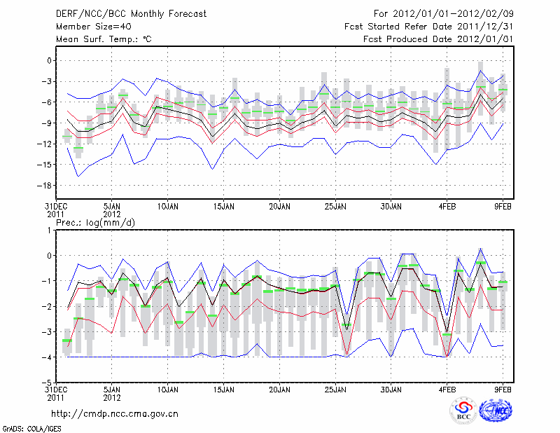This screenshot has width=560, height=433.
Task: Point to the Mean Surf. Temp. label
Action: pyautogui.click(x=103, y=39)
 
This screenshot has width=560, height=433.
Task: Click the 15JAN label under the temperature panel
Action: pyautogui.click(x=223, y=207)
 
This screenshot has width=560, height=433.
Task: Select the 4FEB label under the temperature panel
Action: pyautogui.click(x=447, y=207)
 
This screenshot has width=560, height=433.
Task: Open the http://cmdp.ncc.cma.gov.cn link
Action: pyautogui.click(x=115, y=413)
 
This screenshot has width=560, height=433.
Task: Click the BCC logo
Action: pyautogui.click(x=463, y=411)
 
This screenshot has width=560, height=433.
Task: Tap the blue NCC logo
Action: pyautogui.click(x=496, y=411)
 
